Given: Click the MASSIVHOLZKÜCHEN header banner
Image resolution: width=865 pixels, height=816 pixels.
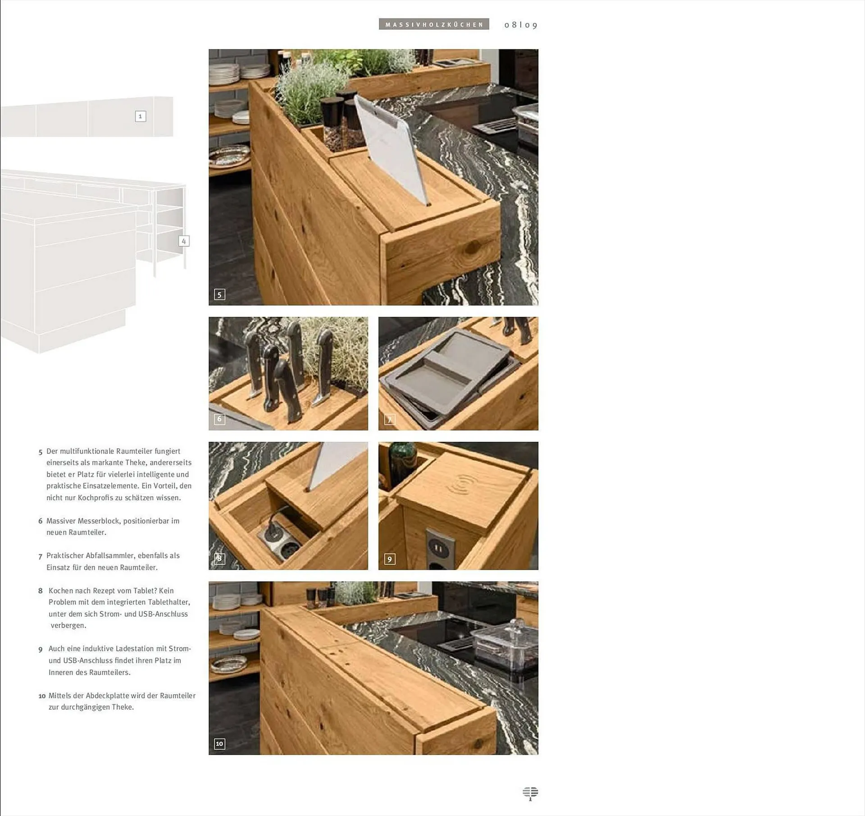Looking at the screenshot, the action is (434, 24).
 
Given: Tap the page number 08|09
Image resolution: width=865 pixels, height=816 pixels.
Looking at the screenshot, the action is (521, 25).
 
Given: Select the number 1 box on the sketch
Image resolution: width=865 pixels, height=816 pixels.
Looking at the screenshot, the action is (141, 116).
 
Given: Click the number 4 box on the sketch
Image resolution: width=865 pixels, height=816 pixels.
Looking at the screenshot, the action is (184, 241).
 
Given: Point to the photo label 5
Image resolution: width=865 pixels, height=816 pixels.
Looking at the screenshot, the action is (219, 295).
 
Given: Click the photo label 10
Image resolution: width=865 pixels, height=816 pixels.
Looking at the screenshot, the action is (219, 744).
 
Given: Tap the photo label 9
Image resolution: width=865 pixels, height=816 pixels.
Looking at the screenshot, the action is (390, 559).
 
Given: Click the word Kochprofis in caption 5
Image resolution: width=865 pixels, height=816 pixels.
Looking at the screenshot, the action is (95, 498).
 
